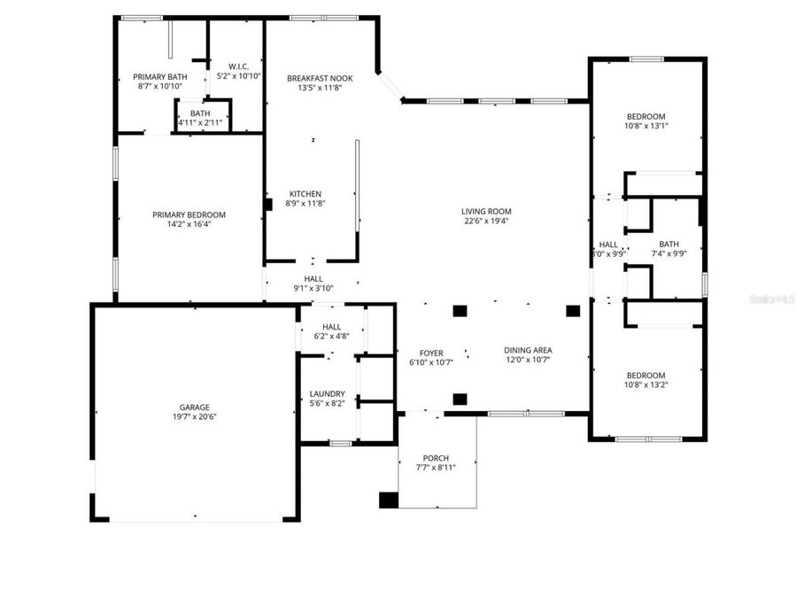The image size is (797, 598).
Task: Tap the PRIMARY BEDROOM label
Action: (x=189, y=214)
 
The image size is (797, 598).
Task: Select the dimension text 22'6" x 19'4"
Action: (x=486, y=221)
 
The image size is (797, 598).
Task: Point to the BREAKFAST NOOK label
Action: (x=313, y=78)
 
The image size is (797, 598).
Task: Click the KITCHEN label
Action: (x=306, y=194)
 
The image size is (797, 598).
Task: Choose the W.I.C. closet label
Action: (x=239, y=66)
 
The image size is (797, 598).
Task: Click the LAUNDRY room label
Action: (x=327, y=393)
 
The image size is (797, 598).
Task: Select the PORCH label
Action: (x=435, y=458)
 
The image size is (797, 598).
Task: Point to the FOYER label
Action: (x=431, y=353)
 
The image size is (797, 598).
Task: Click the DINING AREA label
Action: (x=528, y=350)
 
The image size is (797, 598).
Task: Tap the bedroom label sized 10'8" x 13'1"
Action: (x=646, y=116)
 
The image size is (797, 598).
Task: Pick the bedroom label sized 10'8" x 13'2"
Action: (x=646, y=375)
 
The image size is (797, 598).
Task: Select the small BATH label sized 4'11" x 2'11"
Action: (x=200, y=113)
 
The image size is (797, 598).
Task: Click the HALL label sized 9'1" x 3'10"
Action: (x=313, y=278)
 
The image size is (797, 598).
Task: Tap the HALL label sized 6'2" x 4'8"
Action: (x=332, y=326)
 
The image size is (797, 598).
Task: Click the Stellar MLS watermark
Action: (x=772, y=300)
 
